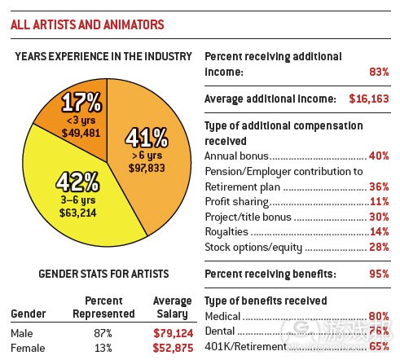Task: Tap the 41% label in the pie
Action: tap(147, 134)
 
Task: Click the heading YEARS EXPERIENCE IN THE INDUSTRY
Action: tap(103, 56)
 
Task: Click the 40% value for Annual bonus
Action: tap(378, 155)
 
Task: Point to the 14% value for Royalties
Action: tap(378, 231)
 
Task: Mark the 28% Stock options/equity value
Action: tap(378, 247)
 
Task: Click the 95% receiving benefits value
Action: tap(378, 274)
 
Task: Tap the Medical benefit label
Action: tap(222, 316)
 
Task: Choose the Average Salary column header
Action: tap(172, 307)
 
